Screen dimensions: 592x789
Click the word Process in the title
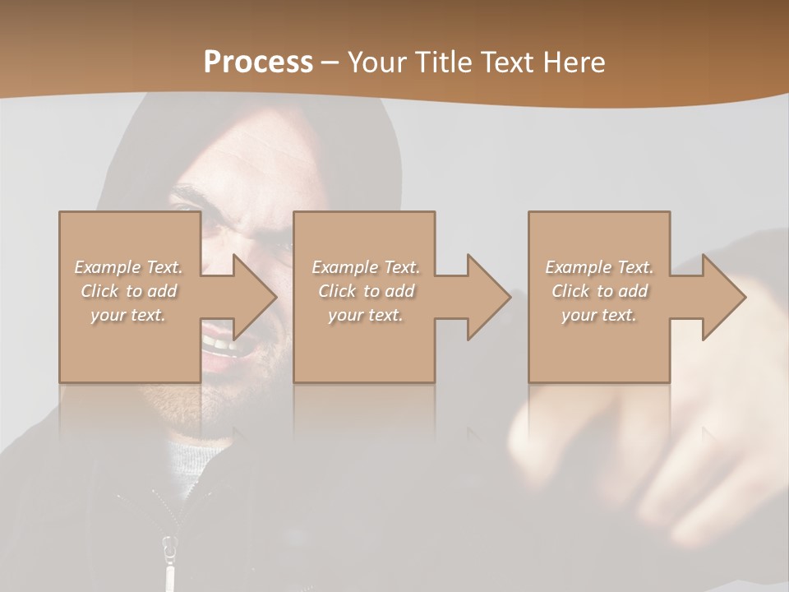258,62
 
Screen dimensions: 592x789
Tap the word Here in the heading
573,62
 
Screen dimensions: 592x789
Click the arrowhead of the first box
251,297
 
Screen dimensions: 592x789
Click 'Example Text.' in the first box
128,267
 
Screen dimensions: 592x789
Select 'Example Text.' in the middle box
365,267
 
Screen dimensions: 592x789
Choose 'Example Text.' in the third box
599,267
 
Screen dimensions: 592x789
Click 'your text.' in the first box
128,315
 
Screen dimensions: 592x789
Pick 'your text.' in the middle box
365,315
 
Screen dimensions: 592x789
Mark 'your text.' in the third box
599,315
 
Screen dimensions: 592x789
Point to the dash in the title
330,62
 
